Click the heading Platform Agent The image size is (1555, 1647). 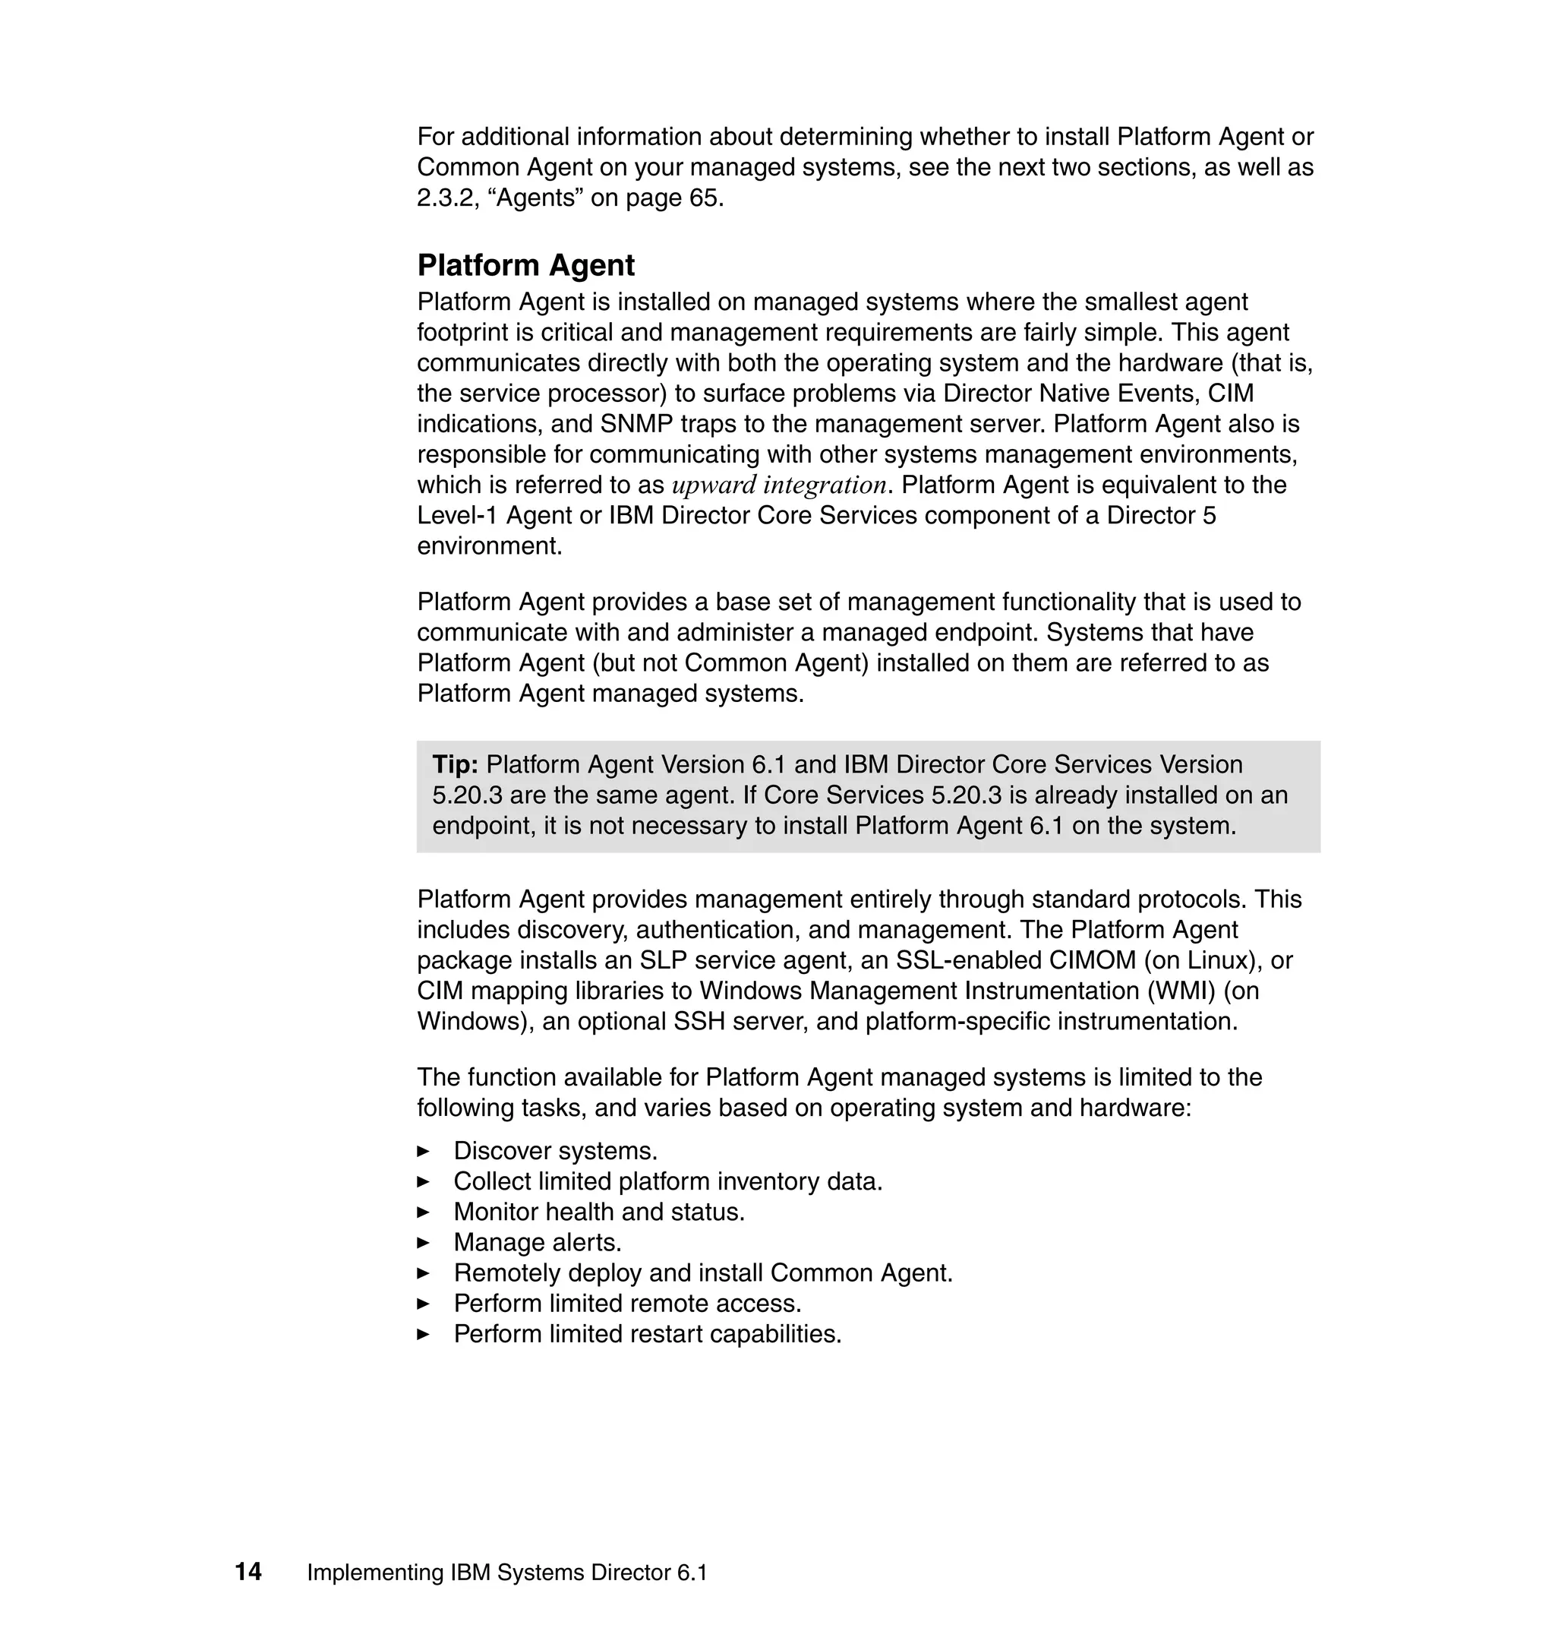[525, 265]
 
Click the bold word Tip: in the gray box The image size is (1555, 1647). [455, 764]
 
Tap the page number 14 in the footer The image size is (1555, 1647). [248, 1572]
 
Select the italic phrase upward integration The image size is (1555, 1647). [779, 485]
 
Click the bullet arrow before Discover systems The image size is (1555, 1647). [424, 1151]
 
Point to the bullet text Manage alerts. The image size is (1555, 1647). [537, 1242]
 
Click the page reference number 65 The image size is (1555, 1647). [705, 198]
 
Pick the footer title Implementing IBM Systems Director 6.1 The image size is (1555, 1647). [507, 1573]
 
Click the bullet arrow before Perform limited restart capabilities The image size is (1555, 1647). [424, 1334]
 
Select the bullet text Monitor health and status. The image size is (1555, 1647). [598, 1212]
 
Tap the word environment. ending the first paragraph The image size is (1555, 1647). [489, 545]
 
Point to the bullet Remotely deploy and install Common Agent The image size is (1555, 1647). [703, 1273]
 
